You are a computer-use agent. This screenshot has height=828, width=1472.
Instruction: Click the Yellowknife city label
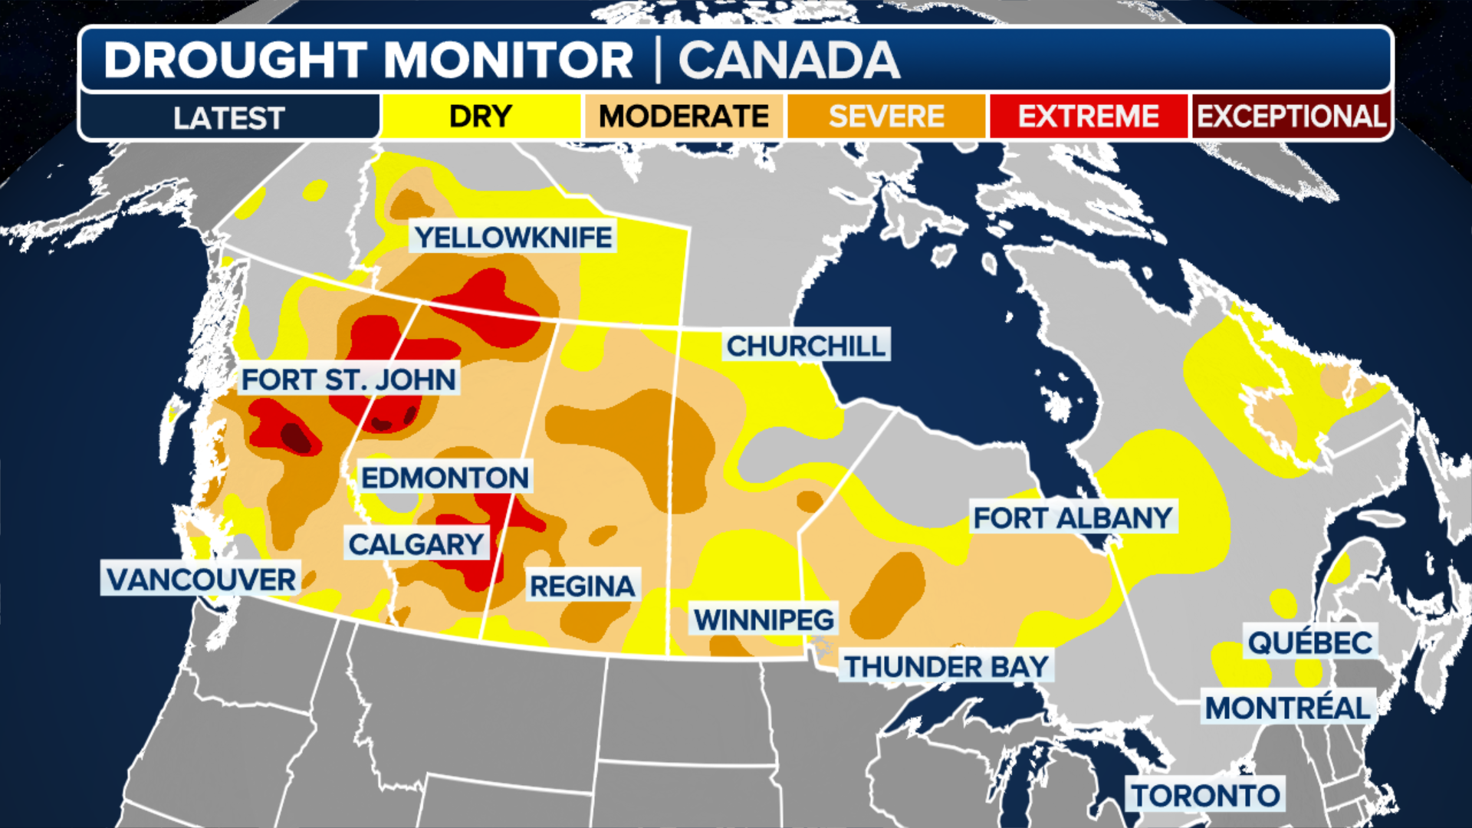click(x=513, y=238)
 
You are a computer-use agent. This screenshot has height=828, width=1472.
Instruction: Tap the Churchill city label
click(x=806, y=347)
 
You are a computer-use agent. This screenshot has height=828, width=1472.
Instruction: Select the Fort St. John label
click(x=349, y=379)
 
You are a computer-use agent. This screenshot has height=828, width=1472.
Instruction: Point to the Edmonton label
click(x=445, y=478)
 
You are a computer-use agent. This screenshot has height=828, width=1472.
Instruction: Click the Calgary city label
click(x=416, y=544)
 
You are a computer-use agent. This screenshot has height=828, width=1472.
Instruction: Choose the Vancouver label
click(x=201, y=580)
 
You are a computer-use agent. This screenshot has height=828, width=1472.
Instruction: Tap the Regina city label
click(x=583, y=586)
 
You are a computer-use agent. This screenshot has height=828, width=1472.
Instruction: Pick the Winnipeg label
click(x=764, y=619)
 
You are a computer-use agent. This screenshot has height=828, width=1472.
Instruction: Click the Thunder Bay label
click(x=947, y=667)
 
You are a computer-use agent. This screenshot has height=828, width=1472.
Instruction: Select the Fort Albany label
click(x=1073, y=518)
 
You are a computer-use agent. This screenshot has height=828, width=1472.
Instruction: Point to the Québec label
click(x=1310, y=642)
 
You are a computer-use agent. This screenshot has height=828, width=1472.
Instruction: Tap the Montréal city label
click(x=1288, y=708)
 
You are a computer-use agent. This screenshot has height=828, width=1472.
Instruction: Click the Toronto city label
click(x=1206, y=796)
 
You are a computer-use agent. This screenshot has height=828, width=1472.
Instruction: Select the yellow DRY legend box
click(x=481, y=117)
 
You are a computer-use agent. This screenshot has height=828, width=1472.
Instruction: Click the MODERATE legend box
click(x=684, y=117)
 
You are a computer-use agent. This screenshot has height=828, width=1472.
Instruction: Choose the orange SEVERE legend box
click(x=886, y=117)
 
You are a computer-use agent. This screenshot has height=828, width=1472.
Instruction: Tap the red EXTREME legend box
click(x=1089, y=117)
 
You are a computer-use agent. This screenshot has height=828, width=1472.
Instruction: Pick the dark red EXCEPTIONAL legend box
click(x=1291, y=117)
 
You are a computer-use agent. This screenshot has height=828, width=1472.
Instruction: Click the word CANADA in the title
click(x=789, y=61)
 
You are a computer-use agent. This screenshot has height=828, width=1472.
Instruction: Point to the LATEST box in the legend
click(x=229, y=118)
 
